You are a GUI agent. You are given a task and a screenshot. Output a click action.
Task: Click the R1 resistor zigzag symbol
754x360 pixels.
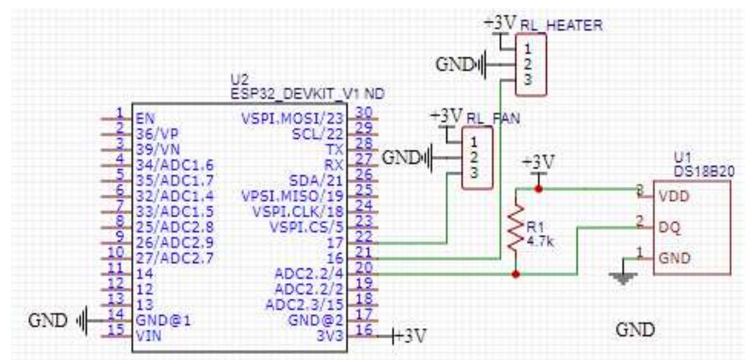(x=515, y=228)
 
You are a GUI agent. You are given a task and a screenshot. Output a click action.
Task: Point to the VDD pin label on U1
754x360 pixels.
(x=673, y=197)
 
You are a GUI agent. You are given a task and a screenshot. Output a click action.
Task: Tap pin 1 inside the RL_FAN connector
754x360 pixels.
(x=475, y=143)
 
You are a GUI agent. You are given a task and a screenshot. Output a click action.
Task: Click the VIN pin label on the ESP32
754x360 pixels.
(x=147, y=335)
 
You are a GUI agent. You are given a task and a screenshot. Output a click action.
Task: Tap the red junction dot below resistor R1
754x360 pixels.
(x=515, y=274)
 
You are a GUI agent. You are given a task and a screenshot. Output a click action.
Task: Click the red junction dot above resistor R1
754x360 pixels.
(x=539, y=189)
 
